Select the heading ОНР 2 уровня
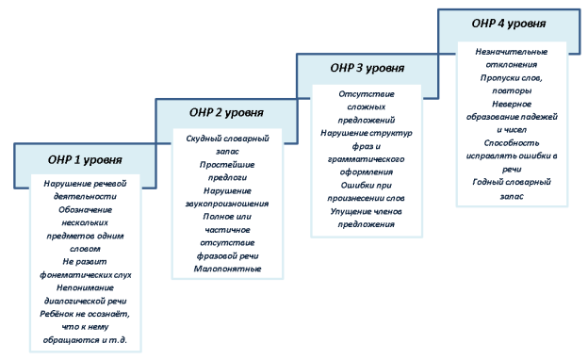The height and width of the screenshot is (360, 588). pos(227,113)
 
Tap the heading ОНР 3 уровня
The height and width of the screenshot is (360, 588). pos(367,69)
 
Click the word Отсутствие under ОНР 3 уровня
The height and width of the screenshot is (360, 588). pos(367,95)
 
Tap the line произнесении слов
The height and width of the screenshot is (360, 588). pos(367,198)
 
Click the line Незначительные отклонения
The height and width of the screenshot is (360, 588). pos(513,52)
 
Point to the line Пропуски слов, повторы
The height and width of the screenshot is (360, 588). pos(513,77)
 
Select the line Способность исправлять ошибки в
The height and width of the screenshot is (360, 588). pos(513,155)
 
